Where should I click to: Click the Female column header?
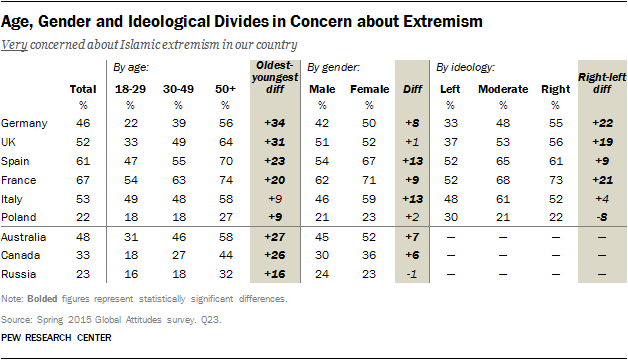(x=369, y=89)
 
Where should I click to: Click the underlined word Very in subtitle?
(x=17, y=46)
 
